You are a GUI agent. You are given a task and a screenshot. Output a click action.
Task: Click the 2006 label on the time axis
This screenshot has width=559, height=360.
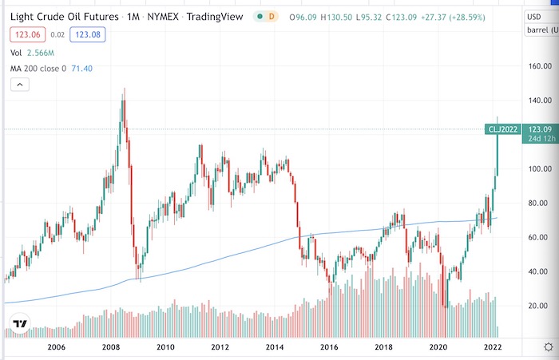(x=55, y=348)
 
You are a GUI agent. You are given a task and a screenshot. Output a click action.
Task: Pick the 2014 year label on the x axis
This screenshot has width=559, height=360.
(x=275, y=348)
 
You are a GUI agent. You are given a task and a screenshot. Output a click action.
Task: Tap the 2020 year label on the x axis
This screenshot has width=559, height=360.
(x=438, y=348)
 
